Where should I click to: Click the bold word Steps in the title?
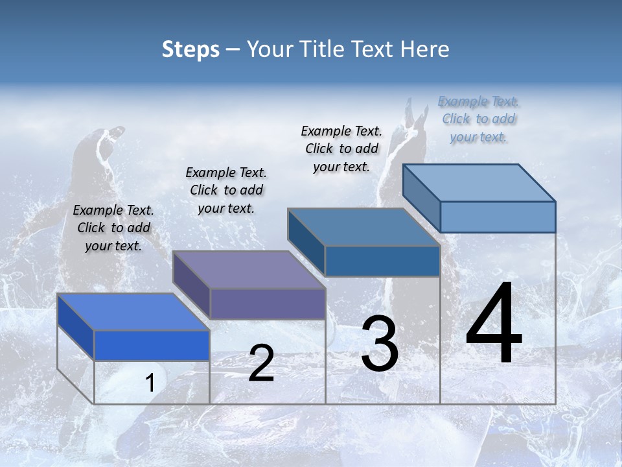190,49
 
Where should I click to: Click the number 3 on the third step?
380,344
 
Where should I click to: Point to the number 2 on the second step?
261,363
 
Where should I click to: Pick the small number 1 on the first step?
150,383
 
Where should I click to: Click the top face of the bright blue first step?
133,312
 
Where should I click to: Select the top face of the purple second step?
248,270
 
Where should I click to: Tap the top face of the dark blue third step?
363,227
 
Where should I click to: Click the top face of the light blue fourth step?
479,183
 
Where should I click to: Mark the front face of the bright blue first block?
152,345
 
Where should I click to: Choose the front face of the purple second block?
267,304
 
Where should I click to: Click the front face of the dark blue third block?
382,261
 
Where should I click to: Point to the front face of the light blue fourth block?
498,217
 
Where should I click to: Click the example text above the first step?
113,228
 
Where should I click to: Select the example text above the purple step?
226,190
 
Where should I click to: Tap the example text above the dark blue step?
341,149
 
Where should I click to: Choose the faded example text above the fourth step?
478,119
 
